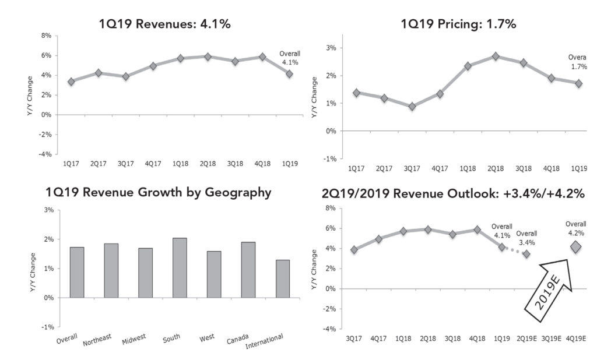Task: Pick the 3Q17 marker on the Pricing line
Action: point(412,107)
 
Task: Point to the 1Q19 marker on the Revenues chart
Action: point(289,74)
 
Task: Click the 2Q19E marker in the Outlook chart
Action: point(526,254)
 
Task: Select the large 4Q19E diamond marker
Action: point(575,248)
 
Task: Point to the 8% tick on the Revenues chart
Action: point(46,36)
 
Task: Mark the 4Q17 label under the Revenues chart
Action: point(152,164)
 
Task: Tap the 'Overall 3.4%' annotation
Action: point(526,237)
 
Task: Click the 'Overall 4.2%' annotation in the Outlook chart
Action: point(575,227)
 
